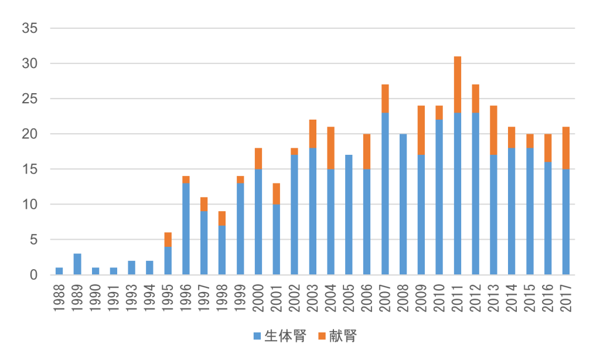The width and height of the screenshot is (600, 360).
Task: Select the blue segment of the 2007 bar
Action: coord(385,193)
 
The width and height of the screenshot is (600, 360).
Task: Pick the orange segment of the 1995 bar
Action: coord(168,239)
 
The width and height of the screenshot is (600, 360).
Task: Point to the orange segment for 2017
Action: coord(566,148)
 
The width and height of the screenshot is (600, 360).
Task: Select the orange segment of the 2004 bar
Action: coord(330,148)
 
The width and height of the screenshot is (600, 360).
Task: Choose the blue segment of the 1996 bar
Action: coord(186,229)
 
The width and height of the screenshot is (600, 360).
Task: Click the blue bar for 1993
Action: coord(132,267)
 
